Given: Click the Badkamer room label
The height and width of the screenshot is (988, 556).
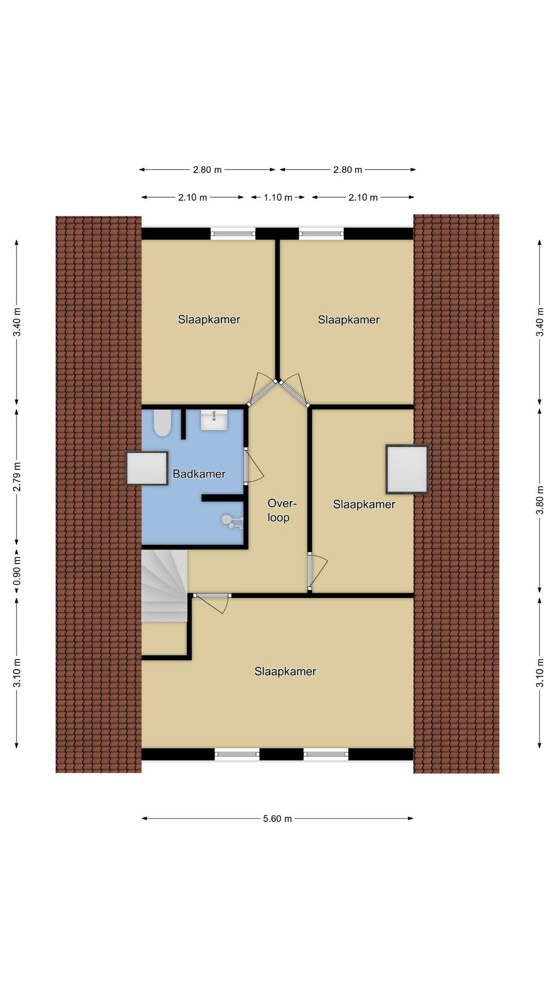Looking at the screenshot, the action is pyautogui.click(x=199, y=474).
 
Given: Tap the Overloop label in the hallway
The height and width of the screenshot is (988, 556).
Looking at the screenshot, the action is pyautogui.click(x=282, y=510).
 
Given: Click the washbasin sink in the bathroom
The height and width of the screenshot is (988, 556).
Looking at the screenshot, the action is pyautogui.click(x=214, y=420).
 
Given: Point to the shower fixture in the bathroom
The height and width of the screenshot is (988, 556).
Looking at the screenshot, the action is pyautogui.click(x=233, y=521).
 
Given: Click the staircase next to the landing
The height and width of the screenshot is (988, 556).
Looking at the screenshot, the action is pyautogui.click(x=164, y=586).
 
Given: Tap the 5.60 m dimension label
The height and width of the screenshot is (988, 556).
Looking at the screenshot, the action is pyautogui.click(x=277, y=818).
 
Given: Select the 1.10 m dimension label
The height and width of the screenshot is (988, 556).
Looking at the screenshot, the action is pyautogui.click(x=278, y=197).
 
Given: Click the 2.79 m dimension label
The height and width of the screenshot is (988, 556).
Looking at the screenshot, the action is pyautogui.click(x=17, y=477).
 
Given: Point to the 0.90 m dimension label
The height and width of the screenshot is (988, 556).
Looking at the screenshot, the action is pyautogui.click(x=17, y=571).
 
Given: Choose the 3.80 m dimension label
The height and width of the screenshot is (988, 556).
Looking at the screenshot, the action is pyautogui.click(x=540, y=500).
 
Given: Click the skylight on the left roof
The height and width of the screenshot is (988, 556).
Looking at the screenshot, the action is pyautogui.click(x=147, y=468).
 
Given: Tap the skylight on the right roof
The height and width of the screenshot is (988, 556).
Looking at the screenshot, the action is pyautogui.click(x=407, y=469).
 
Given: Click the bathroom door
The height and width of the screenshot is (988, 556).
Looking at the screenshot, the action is pyautogui.click(x=246, y=466).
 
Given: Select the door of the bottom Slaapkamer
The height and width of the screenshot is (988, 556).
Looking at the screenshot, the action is pyautogui.click(x=212, y=596).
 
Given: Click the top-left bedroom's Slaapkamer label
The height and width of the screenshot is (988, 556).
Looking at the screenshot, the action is pyautogui.click(x=209, y=320).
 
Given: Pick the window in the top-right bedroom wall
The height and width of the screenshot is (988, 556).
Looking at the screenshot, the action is pyautogui.click(x=321, y=234).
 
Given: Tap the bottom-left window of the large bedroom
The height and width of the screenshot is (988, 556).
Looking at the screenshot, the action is pyautogui.click(x=237, y=754).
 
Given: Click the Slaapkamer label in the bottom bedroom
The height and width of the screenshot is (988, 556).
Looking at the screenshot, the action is pyautogui.click(x=285, y=672).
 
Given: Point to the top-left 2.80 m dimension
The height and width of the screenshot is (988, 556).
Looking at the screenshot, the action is pyautogui.click(x=207, y=169).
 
